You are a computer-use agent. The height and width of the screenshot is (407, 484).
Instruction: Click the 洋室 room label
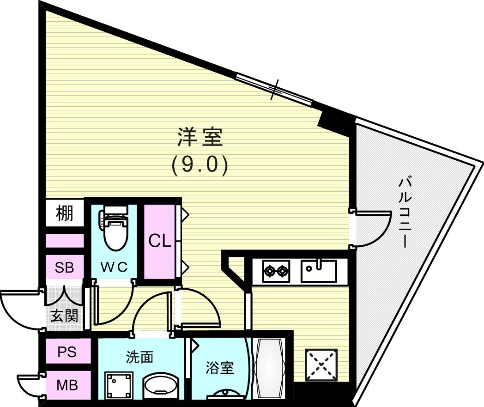click(x=200, y=138)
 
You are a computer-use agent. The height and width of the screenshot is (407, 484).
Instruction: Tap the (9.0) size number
click(x=200, y=165)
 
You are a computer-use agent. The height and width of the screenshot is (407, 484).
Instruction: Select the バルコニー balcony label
click(x=405, y=212)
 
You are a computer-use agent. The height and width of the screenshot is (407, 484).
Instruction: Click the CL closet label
click(x=160, y=241)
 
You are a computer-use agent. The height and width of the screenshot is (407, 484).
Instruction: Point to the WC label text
click(x=114, y=267)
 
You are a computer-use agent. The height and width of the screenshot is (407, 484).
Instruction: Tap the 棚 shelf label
click(x=65, y=213)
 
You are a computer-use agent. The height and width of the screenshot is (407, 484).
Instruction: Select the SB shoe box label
click(x=65, y=267)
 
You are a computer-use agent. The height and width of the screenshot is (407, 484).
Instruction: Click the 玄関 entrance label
click(x=64, y=316)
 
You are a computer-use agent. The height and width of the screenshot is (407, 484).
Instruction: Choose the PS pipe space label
click(x=67, y=352)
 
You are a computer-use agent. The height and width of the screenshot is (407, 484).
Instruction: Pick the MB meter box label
click(x=67, y=384)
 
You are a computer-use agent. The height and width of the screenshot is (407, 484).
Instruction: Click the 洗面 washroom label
click(x=139, y=357)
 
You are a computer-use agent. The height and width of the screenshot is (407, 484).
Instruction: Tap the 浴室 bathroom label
click(x=220, y=368)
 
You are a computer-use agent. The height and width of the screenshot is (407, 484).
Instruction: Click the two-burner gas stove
click(x=276, y=271)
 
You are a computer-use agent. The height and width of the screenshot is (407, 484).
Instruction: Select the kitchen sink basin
click(x=319, y=271)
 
